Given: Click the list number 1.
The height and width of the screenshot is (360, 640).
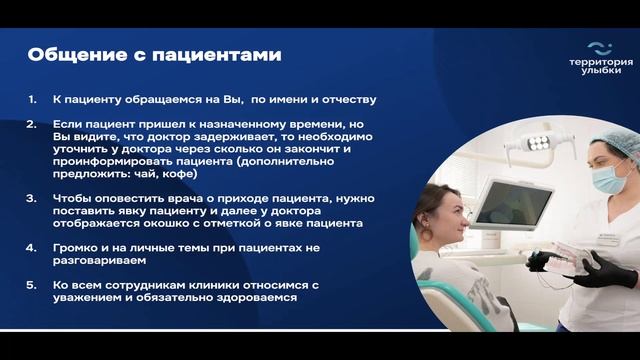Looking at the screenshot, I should [x=32, y=100].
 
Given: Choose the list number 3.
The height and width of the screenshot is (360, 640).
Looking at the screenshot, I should [x=32, y=198].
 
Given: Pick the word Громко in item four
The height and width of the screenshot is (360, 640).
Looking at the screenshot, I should [x=75, y=247].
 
